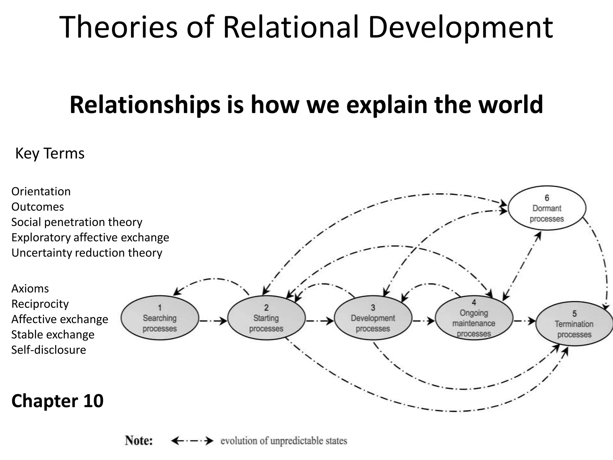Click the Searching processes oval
pyautogui.click(x=160, y=318)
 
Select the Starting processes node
pyautogui.click(x=266, y=318)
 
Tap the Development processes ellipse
pyautogui.click(x=373, y=318)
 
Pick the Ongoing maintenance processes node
pyautogui.click(x=474, y=318)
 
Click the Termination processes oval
pyautogui.click(x=574, y=324)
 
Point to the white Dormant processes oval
pyautogui.click(x=547, y=208)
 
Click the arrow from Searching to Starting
pyautogui.click(x=213, y=321)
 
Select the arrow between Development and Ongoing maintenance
pyautogui.click(x=424, y=321)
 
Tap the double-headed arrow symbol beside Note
pyautogui.click(x=192, y=441)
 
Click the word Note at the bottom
pyautogui.click(x=139, y=441)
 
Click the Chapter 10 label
pyautogui.click(x=57, y=401)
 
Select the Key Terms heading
pyautogui.click(x=50, y=153)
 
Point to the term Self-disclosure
pyautogui.click(x=48, y=350)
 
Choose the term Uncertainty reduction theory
pyautogui.click(x=87, y=253)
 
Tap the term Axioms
pyautogui.click(x=30, y=288)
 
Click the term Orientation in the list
pyautogui.click(x=41, y=191)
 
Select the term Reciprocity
pyautogui.click(x=40, y=304)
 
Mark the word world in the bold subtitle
pyautogui.click(x=511, y=105)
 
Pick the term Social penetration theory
pyautogui.click(x=77, y=222)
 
